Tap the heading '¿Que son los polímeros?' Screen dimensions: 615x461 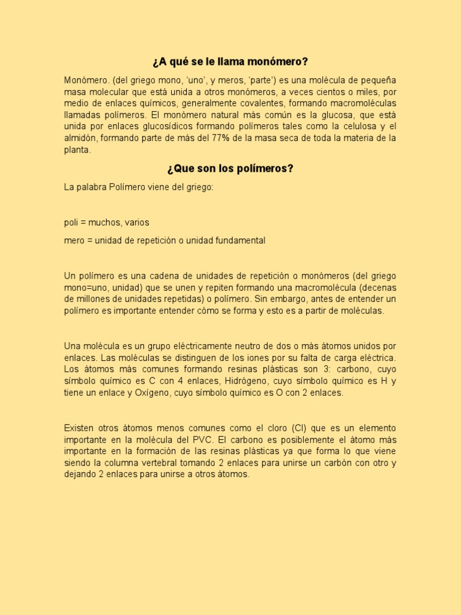230,168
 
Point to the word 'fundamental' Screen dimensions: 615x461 239,240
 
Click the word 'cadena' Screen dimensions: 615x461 167,276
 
